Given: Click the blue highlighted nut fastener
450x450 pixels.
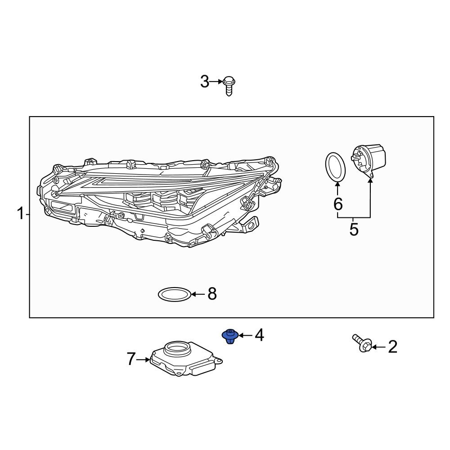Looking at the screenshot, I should pyautogui.click(x=230, y=336).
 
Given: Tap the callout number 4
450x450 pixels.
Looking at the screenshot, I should pyautogui.click(x=259, y=335).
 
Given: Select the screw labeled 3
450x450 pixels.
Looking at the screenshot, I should pyautogui.click(x=229, y=85).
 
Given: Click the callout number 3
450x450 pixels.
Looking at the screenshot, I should pyautogui.click(x=205, y=82).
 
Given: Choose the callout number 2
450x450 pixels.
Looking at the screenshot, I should pyautogui.click(x=392, y=347).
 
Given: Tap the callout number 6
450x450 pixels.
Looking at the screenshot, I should pyautogui.click(x=338, y=204).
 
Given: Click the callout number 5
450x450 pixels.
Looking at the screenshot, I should pyautogui.click(x=354, y=229).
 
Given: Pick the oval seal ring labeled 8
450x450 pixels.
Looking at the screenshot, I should pyautogui.click(x=175, y=295).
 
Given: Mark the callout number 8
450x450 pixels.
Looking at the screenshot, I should pyautogui.click(x=212, y=294).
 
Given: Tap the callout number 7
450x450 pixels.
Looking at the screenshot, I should pyautogui.click(x=130, y=359).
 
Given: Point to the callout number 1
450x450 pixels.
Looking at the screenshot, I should pyautogui.click(x=20, y=214).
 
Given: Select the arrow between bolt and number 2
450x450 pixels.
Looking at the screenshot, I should pyautogui.click(x=378, y=347).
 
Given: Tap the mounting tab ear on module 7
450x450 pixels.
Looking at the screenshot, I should pyautogui.click(x=218, y=360).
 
